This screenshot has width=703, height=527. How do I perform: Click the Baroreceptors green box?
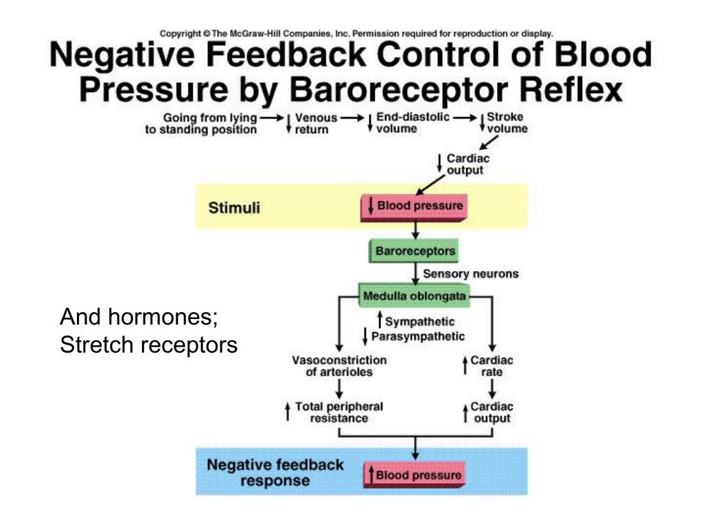pos(414,251)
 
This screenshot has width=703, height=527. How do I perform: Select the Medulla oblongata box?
pos(413,296)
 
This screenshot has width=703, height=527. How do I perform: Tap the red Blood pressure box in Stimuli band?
pos(413,206)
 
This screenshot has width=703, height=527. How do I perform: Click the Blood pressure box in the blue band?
pos(414,475)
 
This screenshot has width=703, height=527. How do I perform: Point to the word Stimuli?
pos(234,207)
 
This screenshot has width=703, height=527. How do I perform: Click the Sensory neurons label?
pos(470,274)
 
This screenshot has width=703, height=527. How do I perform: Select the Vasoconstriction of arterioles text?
pos(339,366)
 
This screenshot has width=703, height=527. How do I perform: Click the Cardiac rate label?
pos(492,366)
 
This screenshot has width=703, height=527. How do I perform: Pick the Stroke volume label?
pos(507,122)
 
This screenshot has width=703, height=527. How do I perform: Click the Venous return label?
pos(313,123)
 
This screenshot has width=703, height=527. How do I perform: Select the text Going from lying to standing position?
pos(200,123)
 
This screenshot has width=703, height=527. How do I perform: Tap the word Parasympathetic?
pos(417,336)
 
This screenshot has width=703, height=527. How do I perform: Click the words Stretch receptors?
pos(148,345)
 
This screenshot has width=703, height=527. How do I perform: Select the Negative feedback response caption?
pos(275,472)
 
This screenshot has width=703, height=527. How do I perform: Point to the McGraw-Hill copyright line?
pos(356,33)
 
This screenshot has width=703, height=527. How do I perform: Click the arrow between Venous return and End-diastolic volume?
pos(352,117)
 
